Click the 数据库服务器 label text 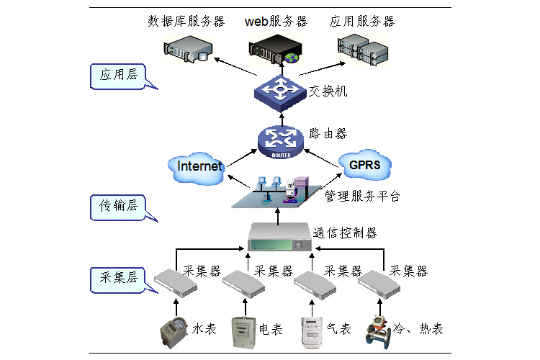click(186, 21)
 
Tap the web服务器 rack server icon click(274, 49)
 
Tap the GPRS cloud click(364, 166)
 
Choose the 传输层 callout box click(118, 207)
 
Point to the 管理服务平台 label click(361, 196)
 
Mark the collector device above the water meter click(175, 283)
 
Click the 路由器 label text click(328, 134)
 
